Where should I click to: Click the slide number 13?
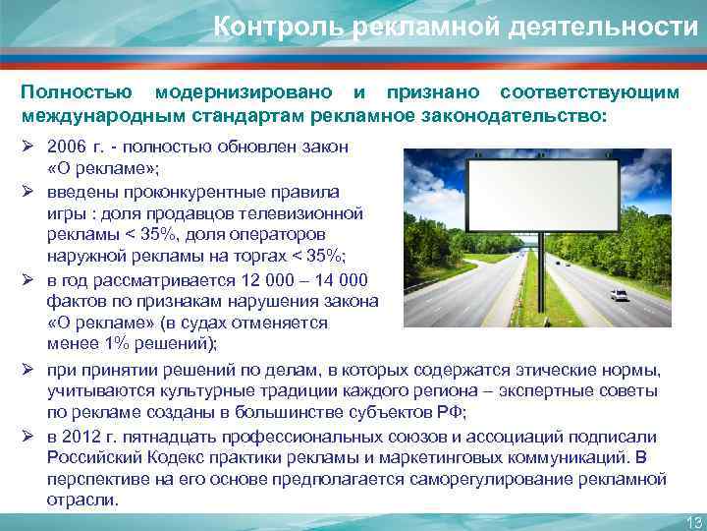pos(691,521)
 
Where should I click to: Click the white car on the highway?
pos(619,293)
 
